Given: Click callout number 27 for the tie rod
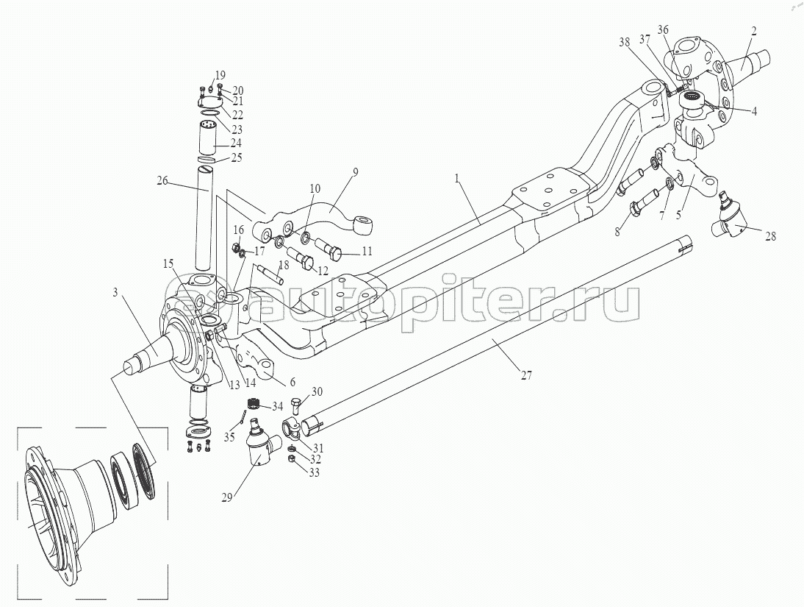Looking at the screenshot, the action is (526, 375).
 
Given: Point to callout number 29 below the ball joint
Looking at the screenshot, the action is (226, 497).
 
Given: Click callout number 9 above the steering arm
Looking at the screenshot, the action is (356, 171).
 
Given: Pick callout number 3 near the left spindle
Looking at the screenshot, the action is (116, 293).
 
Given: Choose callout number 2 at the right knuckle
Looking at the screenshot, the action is (753, 32).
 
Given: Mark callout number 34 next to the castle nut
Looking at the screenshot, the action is (277, 407).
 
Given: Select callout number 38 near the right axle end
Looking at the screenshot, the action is (625, 43).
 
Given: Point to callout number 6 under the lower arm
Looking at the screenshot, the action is (292, 382).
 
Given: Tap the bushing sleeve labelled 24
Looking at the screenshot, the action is (209, 138).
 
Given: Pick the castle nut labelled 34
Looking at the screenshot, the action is (252, 404).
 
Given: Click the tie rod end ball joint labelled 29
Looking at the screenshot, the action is (260, 443).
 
